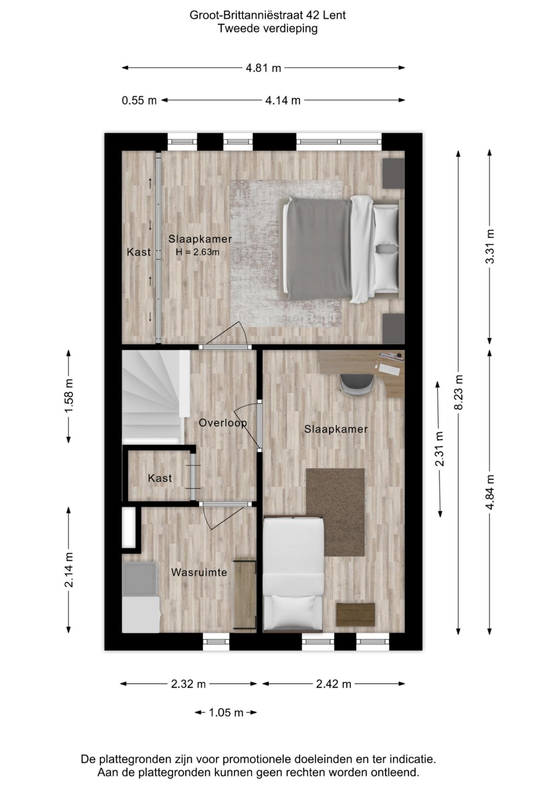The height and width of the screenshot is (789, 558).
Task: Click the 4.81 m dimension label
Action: tap(263, 68)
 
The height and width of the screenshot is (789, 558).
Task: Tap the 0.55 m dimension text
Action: tap(139, 101)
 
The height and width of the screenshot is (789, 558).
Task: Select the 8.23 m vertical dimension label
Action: tap(459, 392)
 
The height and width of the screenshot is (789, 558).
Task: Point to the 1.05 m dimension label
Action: tap(226, 713)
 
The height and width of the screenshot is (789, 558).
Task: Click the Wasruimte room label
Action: tap(199, 572)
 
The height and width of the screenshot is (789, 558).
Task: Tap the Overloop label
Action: tap(223, 423)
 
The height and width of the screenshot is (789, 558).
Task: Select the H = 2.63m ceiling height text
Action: tap(197, 252)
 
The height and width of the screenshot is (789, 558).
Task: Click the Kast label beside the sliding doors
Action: tap(139, 252)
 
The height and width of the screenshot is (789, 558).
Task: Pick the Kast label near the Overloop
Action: tap(160, 478)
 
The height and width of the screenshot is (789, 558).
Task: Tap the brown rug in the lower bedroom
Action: tap(336, 512)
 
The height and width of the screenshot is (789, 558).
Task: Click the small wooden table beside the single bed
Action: tap(356, 615)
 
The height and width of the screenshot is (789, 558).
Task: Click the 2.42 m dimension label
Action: tap(333, 684)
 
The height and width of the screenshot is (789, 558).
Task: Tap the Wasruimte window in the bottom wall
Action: tap(216, 641)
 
